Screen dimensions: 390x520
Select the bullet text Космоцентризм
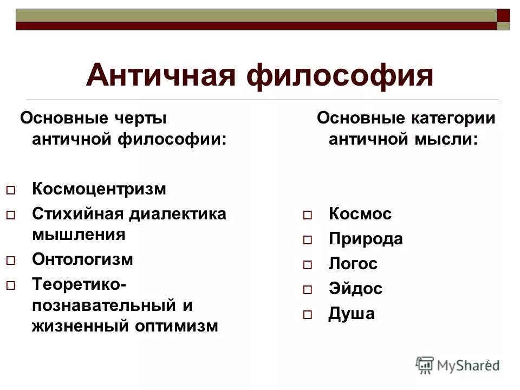[x=99, y=189]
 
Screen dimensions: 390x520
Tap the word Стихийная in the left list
[x=78, y=213]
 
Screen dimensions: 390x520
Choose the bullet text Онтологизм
[x=82, y=259]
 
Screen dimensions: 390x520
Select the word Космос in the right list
[x=360, y=213]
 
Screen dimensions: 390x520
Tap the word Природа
[x=366, y=239]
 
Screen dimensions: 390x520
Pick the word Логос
[x=353, y=264]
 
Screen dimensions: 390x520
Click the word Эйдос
[x=355, y=289]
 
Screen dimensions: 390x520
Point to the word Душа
[x=351, y=314]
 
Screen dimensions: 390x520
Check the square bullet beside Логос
[x=308, y=265]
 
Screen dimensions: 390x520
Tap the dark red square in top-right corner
[x=503, y=15]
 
